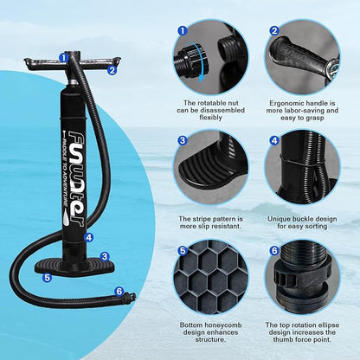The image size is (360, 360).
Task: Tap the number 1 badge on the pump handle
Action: tap(63, 57)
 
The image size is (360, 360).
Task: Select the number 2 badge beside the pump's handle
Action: tap(112, 70)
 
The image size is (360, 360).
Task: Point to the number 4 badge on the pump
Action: tap(89, 236)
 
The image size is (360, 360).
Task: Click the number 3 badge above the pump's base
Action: tap(104, 256)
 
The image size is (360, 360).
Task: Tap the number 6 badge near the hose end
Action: tap(119, 291)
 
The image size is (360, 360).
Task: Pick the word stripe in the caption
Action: tap(205, 219)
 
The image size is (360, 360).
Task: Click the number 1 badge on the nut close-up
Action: tap(183, 30)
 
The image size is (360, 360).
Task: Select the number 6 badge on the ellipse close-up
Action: tap(274, 251)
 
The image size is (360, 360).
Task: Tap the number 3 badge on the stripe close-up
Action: tap(183, 140)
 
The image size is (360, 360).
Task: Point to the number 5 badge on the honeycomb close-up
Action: tap(183, 251)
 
